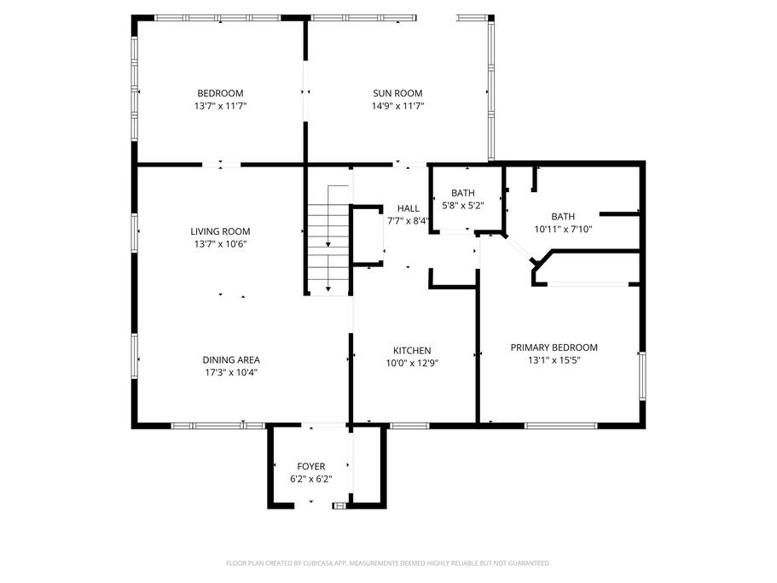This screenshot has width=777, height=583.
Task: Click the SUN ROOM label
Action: (397, 93)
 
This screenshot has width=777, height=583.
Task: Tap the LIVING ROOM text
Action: (220, 231)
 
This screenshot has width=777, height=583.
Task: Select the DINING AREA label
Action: (231, 360)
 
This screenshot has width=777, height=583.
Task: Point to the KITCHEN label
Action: (412, 351)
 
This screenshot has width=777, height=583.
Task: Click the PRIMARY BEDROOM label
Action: (554, 347)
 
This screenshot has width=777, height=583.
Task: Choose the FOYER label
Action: (311, 467)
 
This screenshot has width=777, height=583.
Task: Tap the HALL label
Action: (409, 209)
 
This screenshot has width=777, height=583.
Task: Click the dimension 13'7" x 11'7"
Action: (221, 106)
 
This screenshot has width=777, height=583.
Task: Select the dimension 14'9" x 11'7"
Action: (398, 106)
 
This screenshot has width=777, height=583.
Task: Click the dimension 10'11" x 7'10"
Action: (563, 229)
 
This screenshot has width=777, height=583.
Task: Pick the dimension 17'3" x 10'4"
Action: (231, 373)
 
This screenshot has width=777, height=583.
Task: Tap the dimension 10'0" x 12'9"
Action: (412, 364)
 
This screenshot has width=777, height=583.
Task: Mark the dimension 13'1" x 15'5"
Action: (554, 360)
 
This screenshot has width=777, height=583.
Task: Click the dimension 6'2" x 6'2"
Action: (311, 480)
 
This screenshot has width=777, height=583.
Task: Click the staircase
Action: (328, 240)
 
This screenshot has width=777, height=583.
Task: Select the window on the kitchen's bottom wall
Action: (409, 426)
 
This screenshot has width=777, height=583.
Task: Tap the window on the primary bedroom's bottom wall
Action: (561, 426)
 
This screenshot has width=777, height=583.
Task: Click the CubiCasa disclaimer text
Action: (388, 563)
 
